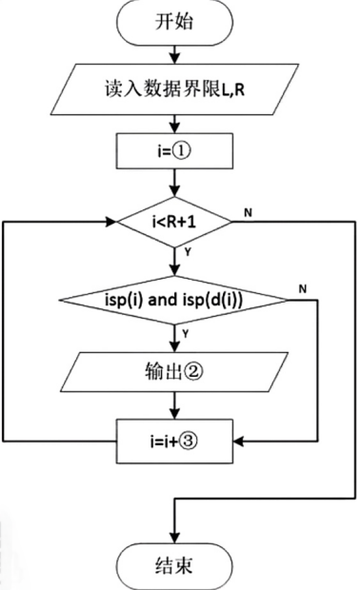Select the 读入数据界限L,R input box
click(x=173, y=89)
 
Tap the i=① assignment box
click(x=173, y=150)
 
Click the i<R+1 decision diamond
click(x=173, y=222)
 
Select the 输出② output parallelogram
click(x=173, y=373)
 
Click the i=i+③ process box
click(x=173, y=441)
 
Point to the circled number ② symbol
click(x=195, y=373)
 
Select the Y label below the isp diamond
click(x=187, y=333)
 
